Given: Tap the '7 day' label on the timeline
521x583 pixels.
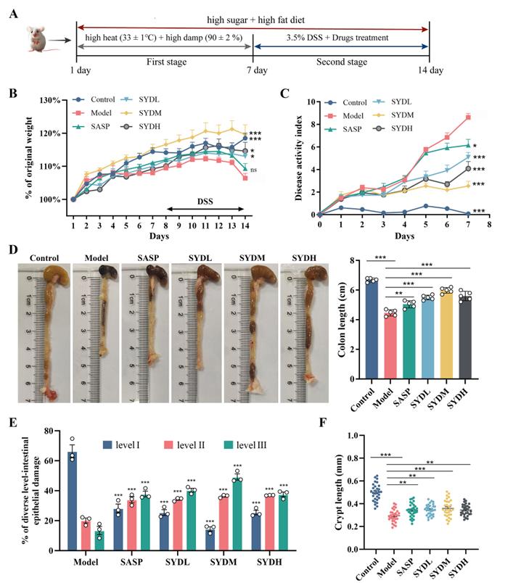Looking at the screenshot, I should pos(252,70).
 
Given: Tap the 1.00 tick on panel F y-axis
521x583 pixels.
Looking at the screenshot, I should pos(345,435).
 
